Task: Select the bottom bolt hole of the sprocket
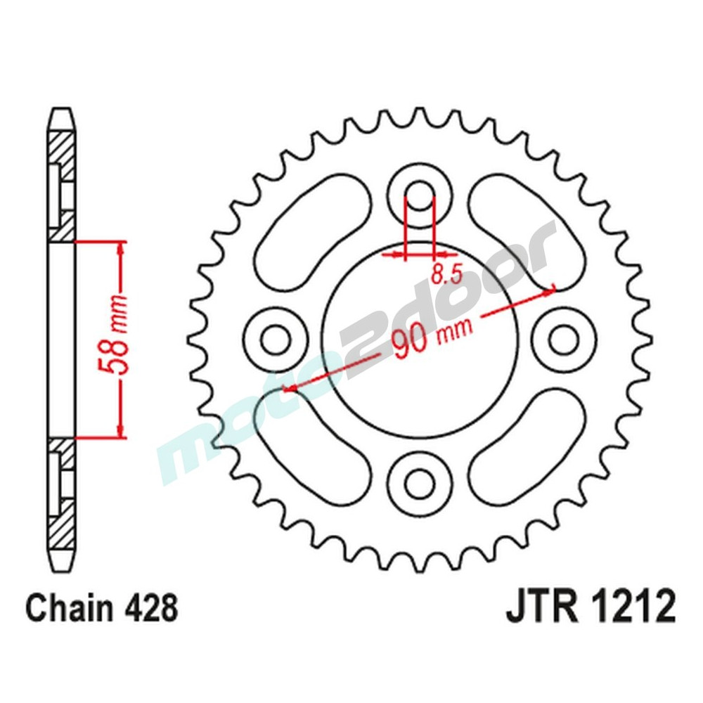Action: click(420, 483)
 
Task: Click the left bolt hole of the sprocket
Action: click(275, 340)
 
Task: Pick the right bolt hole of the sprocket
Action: click(564, 340)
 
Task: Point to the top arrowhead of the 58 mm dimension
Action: click(121, 247)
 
